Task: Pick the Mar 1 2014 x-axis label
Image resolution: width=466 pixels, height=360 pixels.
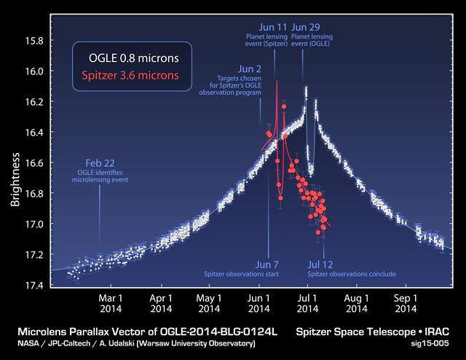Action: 111,303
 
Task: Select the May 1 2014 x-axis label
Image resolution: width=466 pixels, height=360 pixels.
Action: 208,303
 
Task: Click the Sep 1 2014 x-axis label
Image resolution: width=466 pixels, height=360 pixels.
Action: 405,303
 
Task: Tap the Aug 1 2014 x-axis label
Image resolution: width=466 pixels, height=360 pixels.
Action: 356,303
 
